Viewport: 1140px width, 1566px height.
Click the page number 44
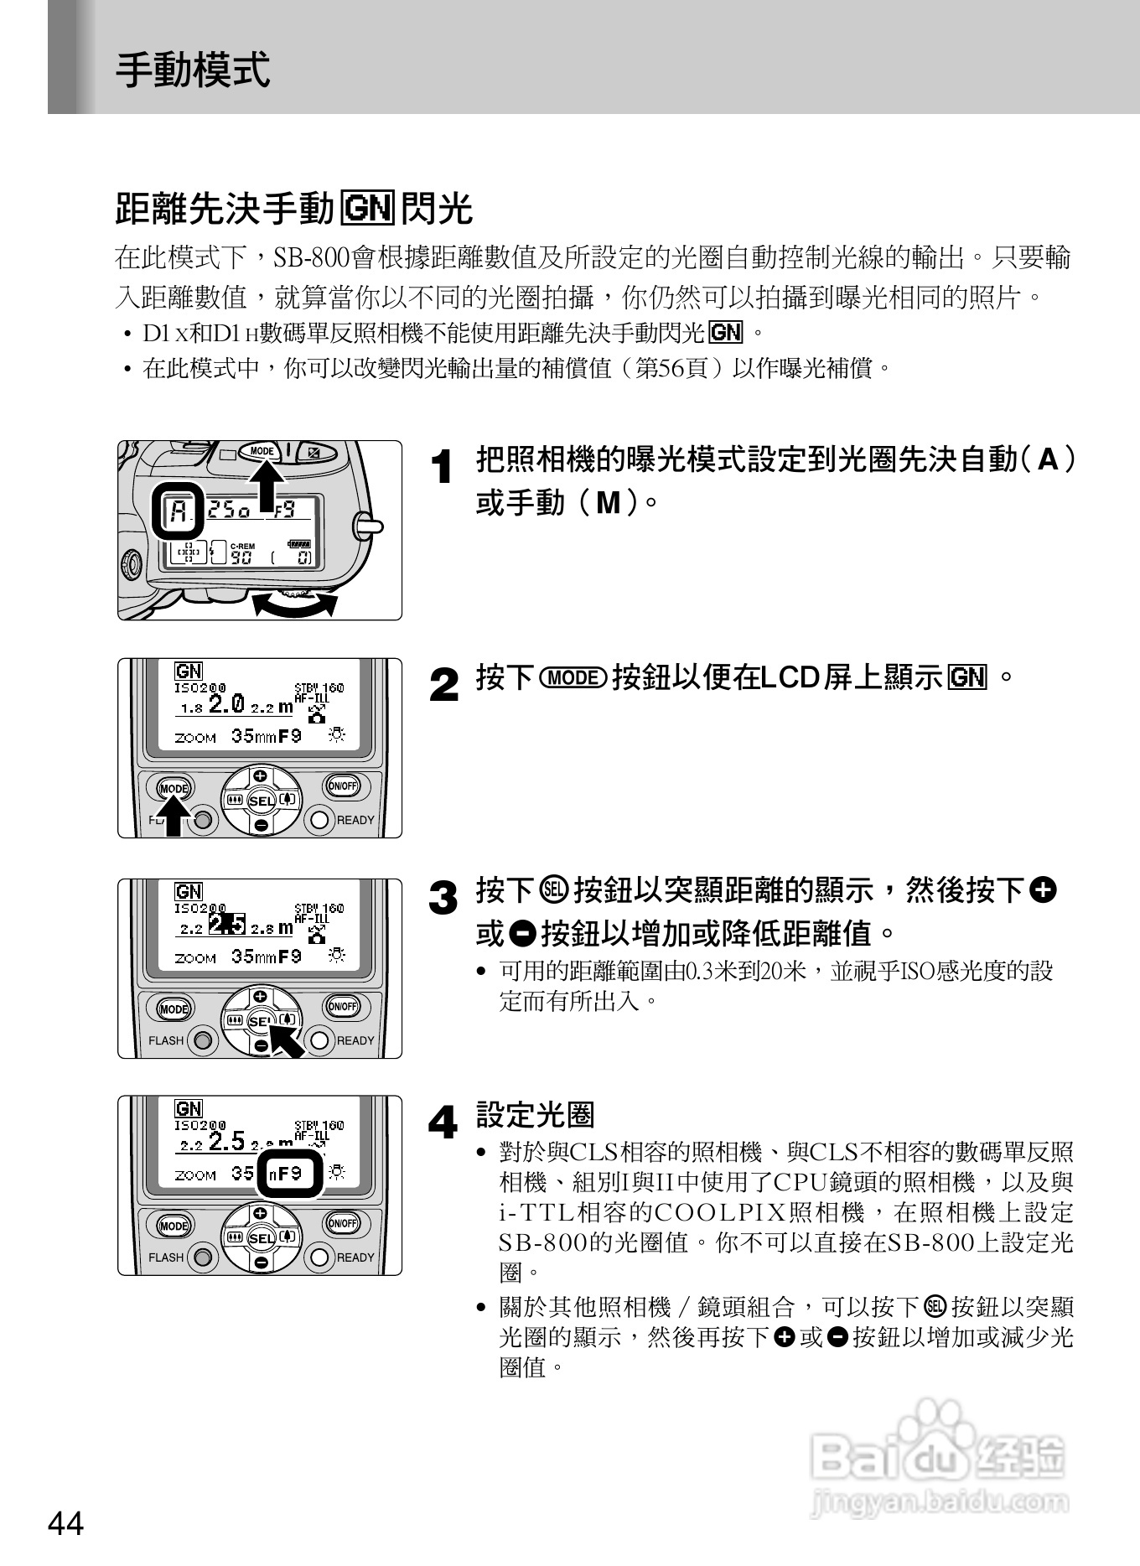(x=66, y=1522)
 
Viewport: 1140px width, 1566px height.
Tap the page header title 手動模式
(x=193, y=69)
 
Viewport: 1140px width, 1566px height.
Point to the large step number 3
(x=443, y=899)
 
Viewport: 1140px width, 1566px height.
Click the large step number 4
(x=443, y=1122)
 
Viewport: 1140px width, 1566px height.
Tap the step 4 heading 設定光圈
(x=535, y=1115)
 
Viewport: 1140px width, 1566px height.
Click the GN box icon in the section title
(x=367, y=208)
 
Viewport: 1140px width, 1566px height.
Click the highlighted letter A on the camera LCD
(x=178, y=510)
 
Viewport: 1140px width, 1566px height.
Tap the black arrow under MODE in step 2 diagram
(x=174, y=817)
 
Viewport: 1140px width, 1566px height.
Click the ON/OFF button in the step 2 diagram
(x=342, y=786)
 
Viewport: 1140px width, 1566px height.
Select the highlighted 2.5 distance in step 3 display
(x=227, y=924)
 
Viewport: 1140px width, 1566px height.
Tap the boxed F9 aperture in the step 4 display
(x=289, y=1174)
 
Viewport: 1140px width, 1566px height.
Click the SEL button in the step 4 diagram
(x=262, y=1238)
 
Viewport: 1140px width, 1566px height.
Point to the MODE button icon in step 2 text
(x=573, y=677)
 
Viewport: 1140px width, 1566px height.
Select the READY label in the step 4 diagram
(x=355, y=1257)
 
